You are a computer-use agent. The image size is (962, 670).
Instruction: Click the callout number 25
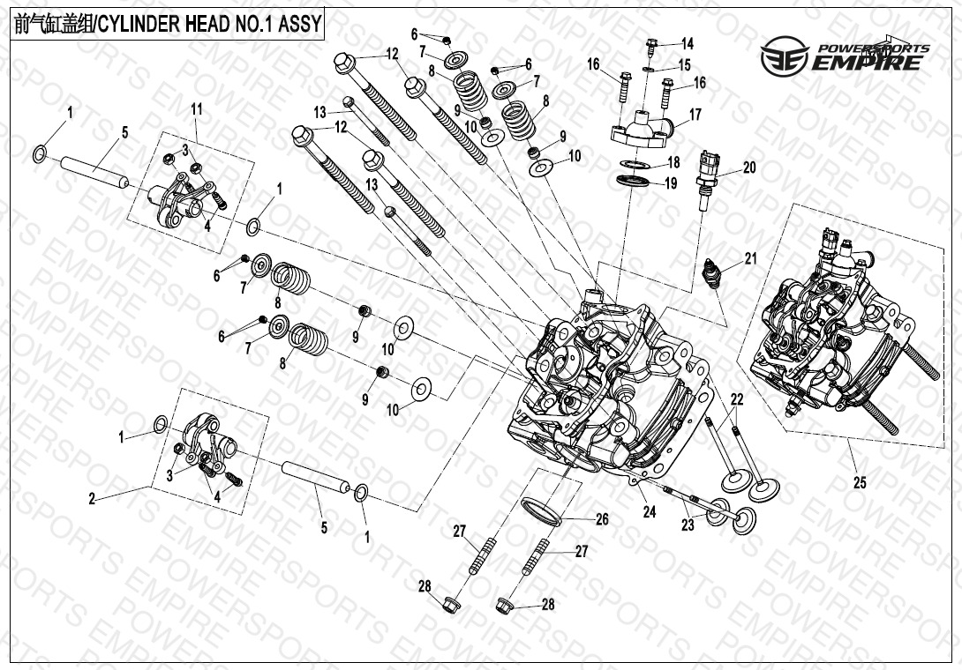pyautogui.click(x=860, y=482)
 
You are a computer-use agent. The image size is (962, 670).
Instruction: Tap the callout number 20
pyautogui.click(x=749, y=168)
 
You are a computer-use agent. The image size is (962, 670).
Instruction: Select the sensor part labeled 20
pyautogui.click(x=707, y=176)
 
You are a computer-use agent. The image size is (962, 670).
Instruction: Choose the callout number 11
pyautogui.click(x=196, y=108)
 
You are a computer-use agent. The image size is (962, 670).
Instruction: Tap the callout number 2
pyautogui.click(x=92, y=499)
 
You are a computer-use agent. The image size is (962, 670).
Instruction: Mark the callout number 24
pyautogui.click(x=650, y=510)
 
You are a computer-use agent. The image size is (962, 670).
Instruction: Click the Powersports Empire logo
pyautogui.click(x=845, y=56)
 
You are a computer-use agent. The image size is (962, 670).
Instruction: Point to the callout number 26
pyautogui.click(x=602, y=519)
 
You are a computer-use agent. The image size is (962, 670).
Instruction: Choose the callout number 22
pyautogui.click(x=737, y=399)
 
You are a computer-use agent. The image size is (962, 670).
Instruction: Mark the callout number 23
pyautogui.click(x=688, y=526)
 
